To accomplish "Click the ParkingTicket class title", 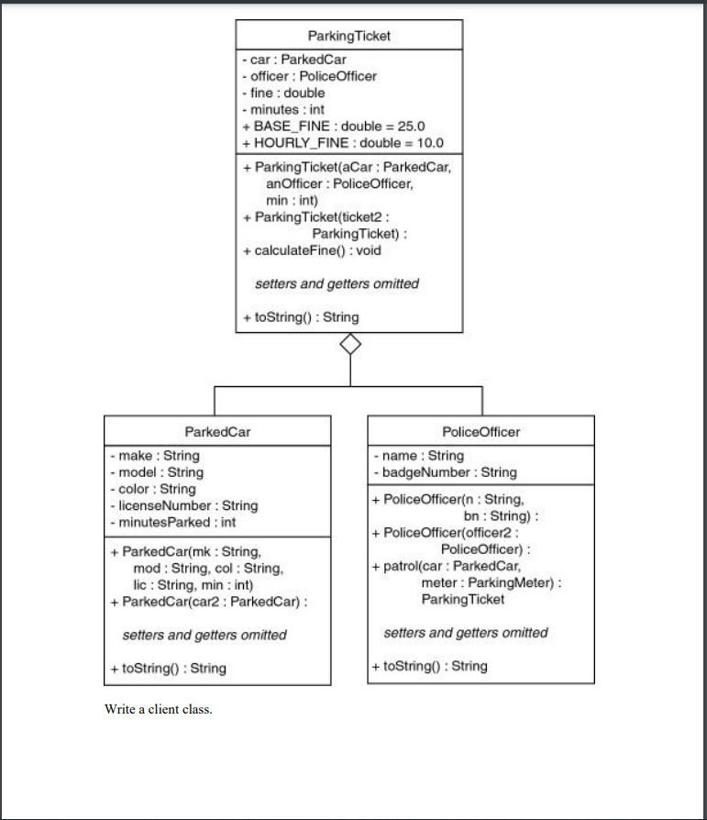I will tap(349, 36).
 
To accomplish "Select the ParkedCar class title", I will tap(217, 431).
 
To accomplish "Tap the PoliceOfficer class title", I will tap(481, 431).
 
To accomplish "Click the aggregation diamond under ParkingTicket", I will tap(349, 345).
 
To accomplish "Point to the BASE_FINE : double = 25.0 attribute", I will tap(333, 126).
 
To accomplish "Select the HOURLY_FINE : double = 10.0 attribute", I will tap(342, 142).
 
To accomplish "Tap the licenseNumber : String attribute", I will tap(182, 505).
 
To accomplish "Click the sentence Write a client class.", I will tap(159, 709).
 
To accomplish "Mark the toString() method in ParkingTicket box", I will tap(301, 317).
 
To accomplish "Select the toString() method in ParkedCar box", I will tap(168, 668).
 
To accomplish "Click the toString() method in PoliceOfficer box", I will tap(430, 666).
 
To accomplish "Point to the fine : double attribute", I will tap(283, 93).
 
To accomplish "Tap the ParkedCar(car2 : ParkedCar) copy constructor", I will tap(207, 602).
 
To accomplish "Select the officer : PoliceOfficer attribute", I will tap(309, 76).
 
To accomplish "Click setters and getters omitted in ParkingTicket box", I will tap(337, 284).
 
